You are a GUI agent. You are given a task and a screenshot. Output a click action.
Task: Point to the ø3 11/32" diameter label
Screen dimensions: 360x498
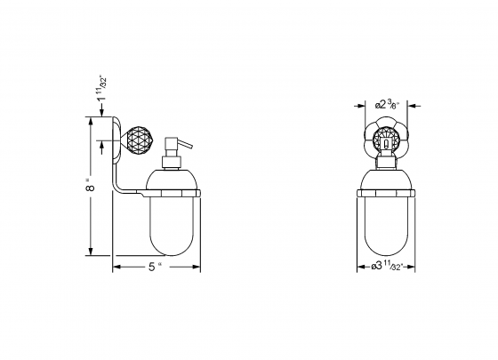click(387, 268)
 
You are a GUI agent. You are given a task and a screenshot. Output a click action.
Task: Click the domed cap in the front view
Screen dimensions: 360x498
click(386, 180)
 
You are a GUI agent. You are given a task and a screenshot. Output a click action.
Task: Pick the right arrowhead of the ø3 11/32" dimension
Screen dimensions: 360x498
click(414, 268)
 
